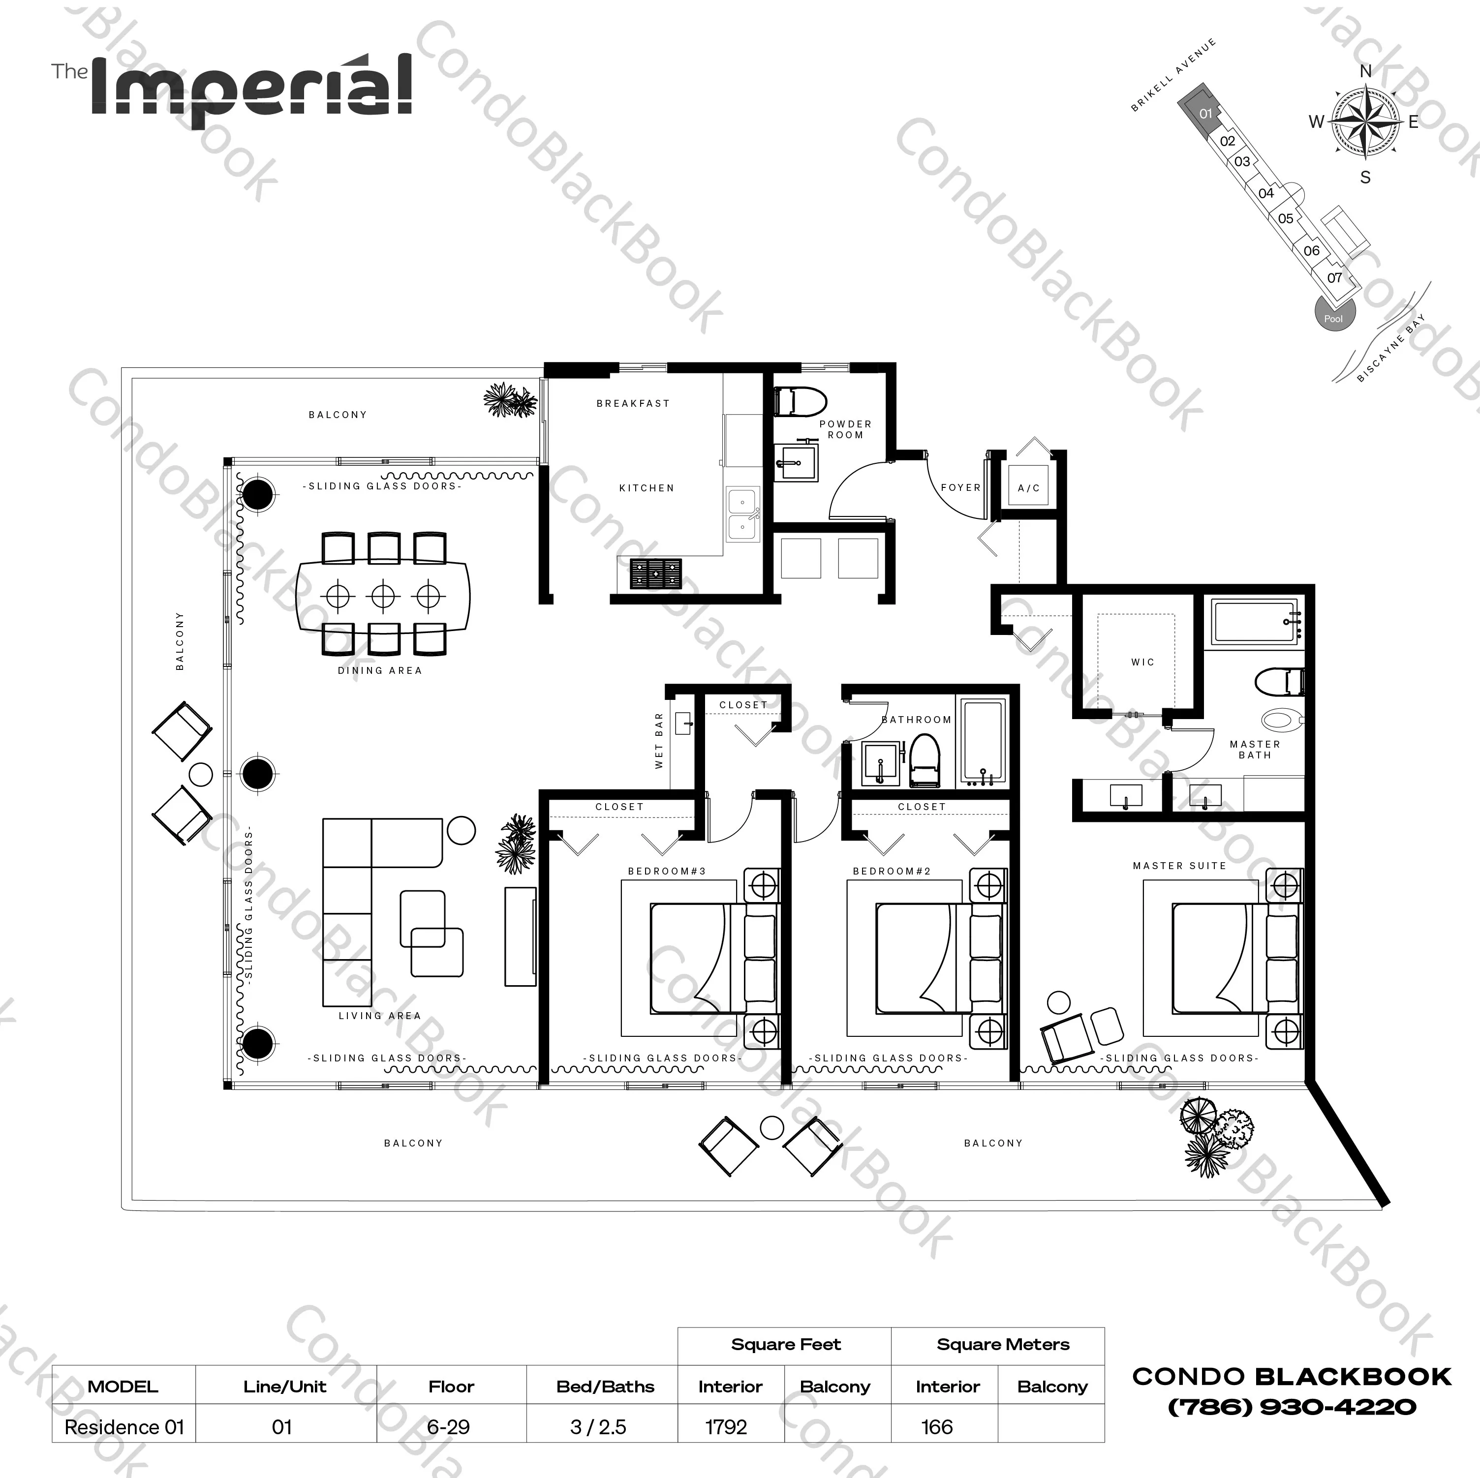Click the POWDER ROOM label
(x=845, y=429)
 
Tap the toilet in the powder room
(x=801, y=401)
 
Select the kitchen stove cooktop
(x=655, y=573)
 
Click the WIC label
(x=1142, y=662)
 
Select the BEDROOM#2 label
(x=892, y=871)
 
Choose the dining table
(x=383, y=595)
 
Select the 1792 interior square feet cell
(x=725, y=1427)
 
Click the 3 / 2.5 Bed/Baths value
(x=598, y=1427)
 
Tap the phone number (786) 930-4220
(x=1292, y=1407)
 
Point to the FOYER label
(x=960, y=487)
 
